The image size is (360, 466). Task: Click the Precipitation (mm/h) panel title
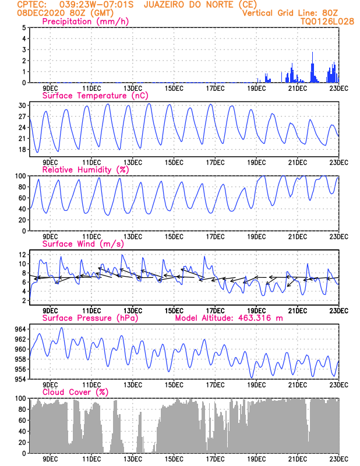[x=86, y=22]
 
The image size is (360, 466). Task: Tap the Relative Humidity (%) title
[x=86, y=170]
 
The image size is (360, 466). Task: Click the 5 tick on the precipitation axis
[x=24, y=28]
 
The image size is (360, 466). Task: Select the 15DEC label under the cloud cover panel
[x=174, y=458]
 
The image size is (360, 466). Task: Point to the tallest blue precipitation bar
[x=313, y=67]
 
